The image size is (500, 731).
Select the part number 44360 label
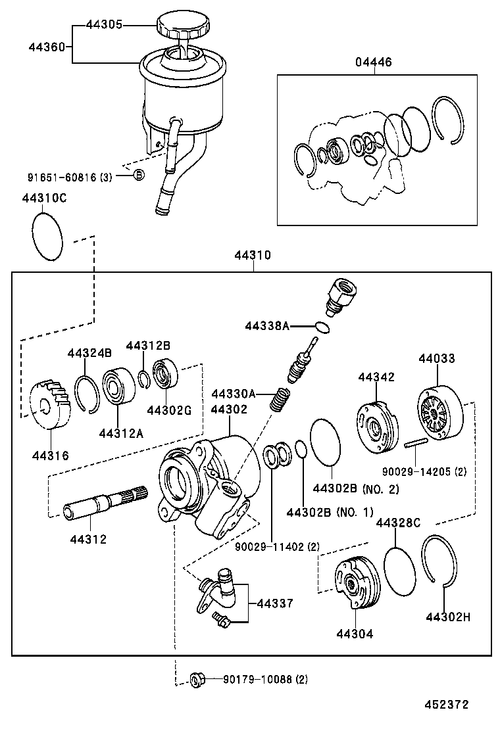point(47,47)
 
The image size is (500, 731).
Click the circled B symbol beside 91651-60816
point(139,174)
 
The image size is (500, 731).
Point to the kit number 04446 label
point(374,62)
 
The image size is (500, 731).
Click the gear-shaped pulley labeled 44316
point(51,404)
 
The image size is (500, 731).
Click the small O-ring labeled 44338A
point(322,327)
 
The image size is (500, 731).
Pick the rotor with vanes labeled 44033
point(438,413)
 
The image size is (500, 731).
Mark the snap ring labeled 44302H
point(440,559)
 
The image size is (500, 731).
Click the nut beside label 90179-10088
point(195,678)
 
